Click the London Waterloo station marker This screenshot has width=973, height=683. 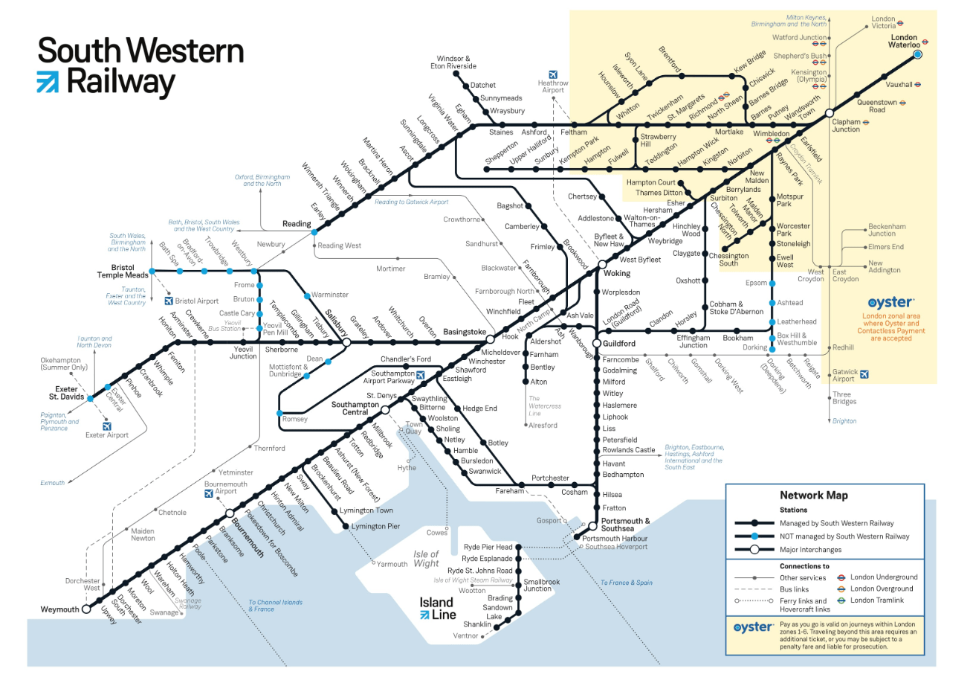917,54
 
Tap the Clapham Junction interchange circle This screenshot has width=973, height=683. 830,114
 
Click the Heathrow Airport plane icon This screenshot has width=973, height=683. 552,74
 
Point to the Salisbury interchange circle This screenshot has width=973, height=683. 346,342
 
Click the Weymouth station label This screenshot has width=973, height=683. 59,609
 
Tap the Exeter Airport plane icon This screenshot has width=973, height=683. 107,427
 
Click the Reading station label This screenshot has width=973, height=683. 296,224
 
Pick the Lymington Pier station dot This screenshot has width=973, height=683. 346,527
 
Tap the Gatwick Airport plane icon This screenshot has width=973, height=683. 864,374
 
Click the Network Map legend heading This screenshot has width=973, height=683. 813,495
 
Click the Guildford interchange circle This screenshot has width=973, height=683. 595,343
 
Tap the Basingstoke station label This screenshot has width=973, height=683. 465,331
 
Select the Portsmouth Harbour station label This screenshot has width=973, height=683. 615,538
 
